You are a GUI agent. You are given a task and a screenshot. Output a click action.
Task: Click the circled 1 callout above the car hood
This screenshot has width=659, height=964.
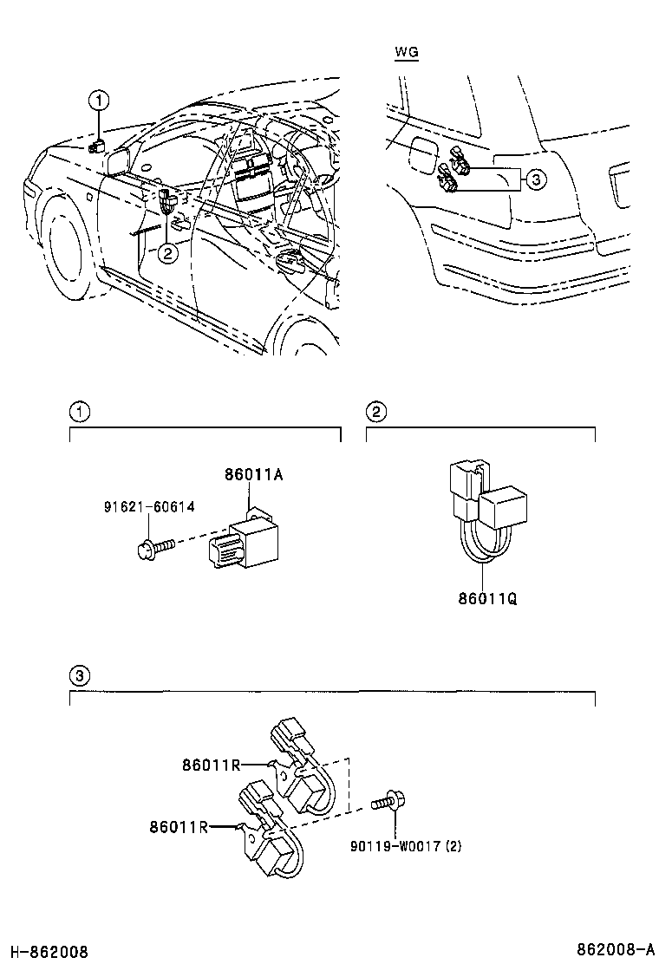point(101,101)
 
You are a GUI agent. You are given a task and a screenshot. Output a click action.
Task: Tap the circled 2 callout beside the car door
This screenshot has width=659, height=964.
point(167,252)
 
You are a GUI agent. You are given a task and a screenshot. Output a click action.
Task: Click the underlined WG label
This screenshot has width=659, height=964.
point(406,53)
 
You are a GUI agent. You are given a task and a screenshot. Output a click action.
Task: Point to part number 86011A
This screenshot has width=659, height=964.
point(254,475)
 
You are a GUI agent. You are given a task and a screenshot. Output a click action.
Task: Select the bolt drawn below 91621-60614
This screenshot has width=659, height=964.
point(155,546)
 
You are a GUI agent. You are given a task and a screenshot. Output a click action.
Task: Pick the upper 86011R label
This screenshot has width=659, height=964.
point(211,764)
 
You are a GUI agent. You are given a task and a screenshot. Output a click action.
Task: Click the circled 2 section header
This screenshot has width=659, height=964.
point(375,412)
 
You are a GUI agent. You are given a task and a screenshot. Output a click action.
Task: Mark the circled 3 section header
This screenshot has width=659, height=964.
point(79,676)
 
